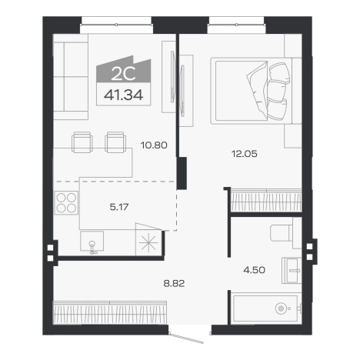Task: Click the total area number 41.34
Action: tap(123, 95)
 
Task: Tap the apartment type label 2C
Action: tap(123, 74)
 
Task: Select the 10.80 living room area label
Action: tap(154, 145)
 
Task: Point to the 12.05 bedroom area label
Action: tap(245, 154)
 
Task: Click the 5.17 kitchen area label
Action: tap(119, 207)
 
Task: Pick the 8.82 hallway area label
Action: tap(174, 284)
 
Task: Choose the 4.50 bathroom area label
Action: tap(255, 270)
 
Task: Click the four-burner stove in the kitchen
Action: tap(66, 203)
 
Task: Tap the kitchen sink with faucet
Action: tap(92, 242)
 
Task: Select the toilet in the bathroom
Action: tap(285, 233)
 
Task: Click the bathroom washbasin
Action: tap(292, 271)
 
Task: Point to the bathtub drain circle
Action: tap(280, 308)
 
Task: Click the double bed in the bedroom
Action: tap(256, 91)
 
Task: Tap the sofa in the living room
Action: tap(71, 77)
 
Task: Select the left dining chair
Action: tap(82, 142)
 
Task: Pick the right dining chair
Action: tap(115, 142)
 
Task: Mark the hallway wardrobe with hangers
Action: tap(110, 312)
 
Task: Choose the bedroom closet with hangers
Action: tap(266, 200)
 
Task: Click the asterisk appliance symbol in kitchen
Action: tap(148, 242)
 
